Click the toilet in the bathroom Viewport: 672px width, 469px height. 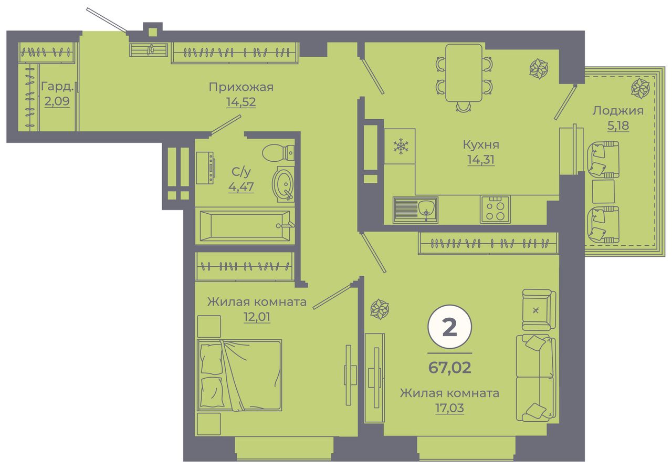(x=278, y=153)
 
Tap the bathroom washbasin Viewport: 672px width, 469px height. (x=283, y=184)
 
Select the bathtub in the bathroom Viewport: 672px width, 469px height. (x=245, y=226)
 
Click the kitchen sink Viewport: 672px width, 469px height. (x=415, y=210)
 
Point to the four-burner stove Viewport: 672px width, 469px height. (x=495, y=210)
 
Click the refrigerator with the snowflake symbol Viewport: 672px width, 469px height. (x=400, y=147)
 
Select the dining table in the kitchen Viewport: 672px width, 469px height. (x=464, y=73)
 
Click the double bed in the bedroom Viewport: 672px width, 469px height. (x=239, y=376)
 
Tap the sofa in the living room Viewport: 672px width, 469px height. (x=536, y=378)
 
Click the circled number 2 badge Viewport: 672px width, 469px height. (x=449, y=327)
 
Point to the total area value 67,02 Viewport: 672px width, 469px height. (x=449, y=368)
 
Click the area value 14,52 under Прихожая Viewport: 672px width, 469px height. (x=241, y=102)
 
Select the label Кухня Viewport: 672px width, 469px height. (x=481, y=145)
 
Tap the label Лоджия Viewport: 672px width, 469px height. (x=618, y=111)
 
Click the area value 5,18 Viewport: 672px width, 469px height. (x=618, y=126)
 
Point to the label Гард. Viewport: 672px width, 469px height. (x=57, y=87)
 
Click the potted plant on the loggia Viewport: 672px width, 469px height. (x=640, y=88)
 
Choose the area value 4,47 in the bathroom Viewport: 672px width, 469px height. (x=241, y=187)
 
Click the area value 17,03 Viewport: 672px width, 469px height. (x=449, y=408)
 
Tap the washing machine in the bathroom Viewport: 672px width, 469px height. (x=205, y=168)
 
